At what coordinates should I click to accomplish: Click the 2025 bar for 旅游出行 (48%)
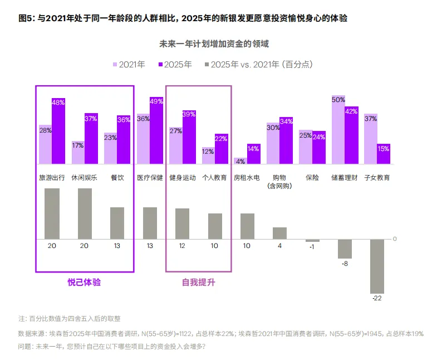[58, 131]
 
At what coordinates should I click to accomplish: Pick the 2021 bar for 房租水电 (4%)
[240, 161]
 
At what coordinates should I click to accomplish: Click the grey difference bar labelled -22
[377, 266]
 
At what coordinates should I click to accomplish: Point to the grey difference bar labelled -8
[345, 249]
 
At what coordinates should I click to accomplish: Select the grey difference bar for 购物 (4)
[279, 233]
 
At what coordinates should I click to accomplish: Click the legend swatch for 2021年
[116, 64]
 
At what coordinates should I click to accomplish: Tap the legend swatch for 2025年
[161, 64]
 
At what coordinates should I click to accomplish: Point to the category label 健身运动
[182, 177]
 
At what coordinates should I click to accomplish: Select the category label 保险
[312, 177]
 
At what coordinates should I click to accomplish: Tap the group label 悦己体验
[84, 283]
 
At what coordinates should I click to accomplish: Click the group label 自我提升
[198, 283]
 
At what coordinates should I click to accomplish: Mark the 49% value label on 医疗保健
[156, 101]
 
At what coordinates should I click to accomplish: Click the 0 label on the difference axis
[395, 239]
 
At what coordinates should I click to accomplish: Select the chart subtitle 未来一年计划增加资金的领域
[214, 43]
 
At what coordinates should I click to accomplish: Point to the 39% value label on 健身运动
[189, 114]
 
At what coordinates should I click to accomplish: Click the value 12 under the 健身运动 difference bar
[182, 246]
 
